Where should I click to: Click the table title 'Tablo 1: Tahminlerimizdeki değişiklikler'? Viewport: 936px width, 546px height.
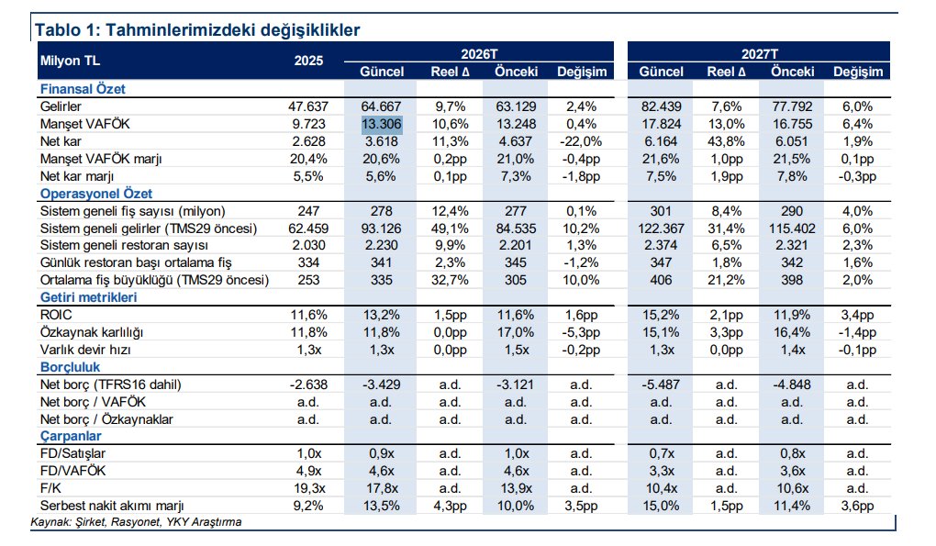(x=196, y=29)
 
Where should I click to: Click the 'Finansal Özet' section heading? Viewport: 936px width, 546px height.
(x=82, y=89)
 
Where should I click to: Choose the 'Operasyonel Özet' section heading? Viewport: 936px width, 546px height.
(x=95, y=194)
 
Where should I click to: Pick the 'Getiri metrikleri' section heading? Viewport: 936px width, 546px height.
(x=88, y=298)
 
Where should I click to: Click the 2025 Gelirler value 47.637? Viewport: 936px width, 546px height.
(x=308, y=106)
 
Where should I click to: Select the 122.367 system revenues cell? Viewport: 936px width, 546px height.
(x=661, y=228)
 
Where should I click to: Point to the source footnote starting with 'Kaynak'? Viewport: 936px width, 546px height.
(x=137, y=522)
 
